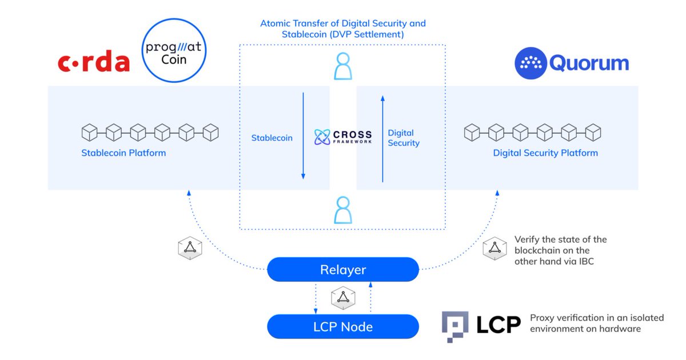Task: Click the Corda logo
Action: (94, 63)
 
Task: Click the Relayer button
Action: (343, 270)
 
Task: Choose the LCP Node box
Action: (343, 327)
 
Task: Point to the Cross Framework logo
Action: (343, 138)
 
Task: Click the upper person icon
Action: (342, 66)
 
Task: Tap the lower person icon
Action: (342, 210)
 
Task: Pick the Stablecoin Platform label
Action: (123, 153)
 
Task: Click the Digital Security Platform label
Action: (545, 153)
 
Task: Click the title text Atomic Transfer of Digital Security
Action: (343, 24)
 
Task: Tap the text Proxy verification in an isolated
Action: (597, 318)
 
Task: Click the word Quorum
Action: (589, 63)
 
